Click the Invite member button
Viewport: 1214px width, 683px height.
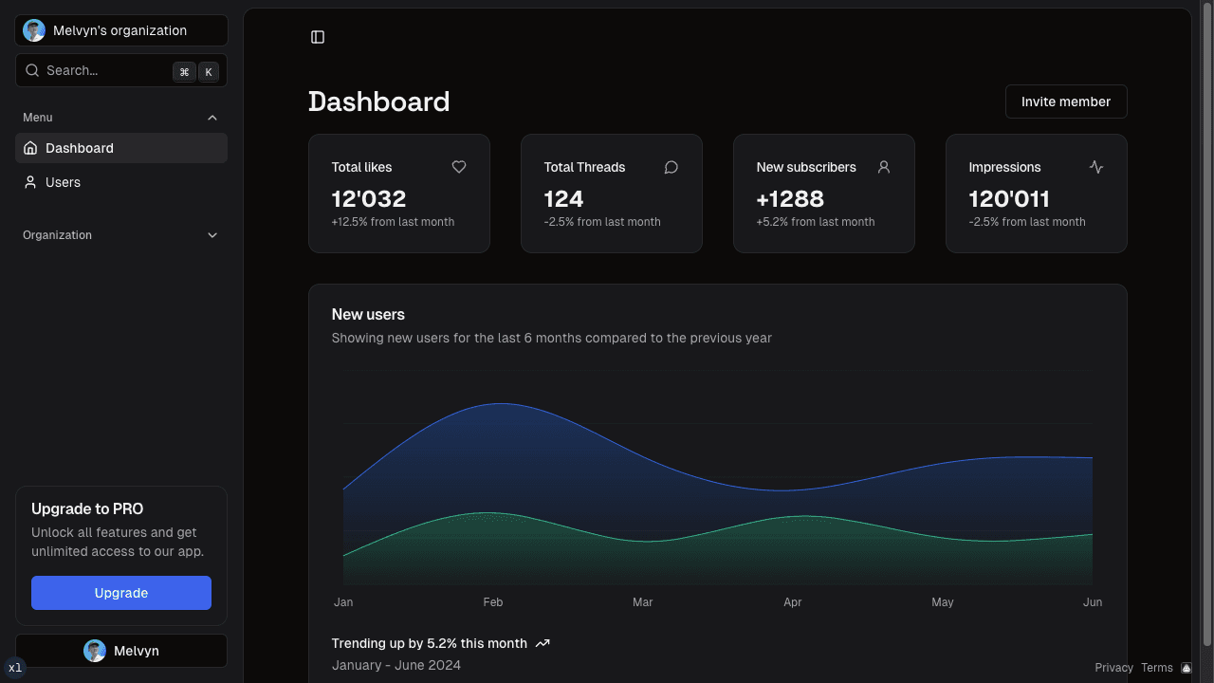[x=1066, y=102]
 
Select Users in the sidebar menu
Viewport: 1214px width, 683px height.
[x=63, y=182]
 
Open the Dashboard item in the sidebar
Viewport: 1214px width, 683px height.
[x=80, y=148]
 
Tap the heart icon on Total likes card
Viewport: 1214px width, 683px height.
[x=459, y=167]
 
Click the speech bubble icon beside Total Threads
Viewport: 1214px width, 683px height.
[x=671, y=167]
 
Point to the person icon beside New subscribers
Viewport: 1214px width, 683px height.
[x=884, y=167]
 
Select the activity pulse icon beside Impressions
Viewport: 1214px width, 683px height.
[x=1096, y=167]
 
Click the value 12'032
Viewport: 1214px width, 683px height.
[x=369, y=199]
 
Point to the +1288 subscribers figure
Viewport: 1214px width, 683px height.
[x=790, y=199]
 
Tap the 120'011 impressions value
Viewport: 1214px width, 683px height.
[x=1009, y=199]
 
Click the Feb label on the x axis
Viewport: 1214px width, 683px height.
[x=493, y=602]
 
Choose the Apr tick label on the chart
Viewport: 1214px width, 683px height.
[x=793, y=602]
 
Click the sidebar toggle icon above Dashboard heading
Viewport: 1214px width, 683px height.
[x=318, y=37]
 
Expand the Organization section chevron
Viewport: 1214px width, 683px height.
[x=212, y=235]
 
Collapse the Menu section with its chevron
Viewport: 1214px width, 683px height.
[x=212, y=118]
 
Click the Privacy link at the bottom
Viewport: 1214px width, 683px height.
[x=1113, y=668]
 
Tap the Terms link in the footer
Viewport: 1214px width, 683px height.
[x=1157, y=668]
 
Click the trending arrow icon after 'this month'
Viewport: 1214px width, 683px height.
[x=543, y=643]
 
